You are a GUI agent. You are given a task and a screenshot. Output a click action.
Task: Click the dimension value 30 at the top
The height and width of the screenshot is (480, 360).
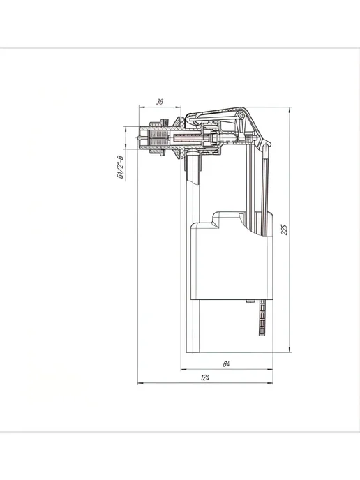(160, 102)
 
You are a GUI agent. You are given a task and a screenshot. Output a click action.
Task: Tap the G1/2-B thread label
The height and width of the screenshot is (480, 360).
(120, 167)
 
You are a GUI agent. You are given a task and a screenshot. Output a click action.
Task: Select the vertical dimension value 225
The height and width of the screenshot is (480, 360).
(285, 230)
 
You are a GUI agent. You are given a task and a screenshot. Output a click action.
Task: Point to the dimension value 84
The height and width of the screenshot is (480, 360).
(226, 364)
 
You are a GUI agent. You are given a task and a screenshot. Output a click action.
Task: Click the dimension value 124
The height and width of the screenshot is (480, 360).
(205, 377)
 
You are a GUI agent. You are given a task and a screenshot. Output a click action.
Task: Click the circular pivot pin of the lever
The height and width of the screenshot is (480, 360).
(241, 116)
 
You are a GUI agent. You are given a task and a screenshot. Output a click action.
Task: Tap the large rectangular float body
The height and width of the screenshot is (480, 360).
(232, 260)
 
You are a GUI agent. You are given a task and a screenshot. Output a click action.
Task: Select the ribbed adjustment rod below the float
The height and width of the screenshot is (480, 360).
(262, 318)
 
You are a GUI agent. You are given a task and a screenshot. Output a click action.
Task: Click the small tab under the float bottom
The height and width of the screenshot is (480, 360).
(250, 301)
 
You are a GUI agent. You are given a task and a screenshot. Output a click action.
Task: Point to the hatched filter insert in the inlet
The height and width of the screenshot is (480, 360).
(158, 138)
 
